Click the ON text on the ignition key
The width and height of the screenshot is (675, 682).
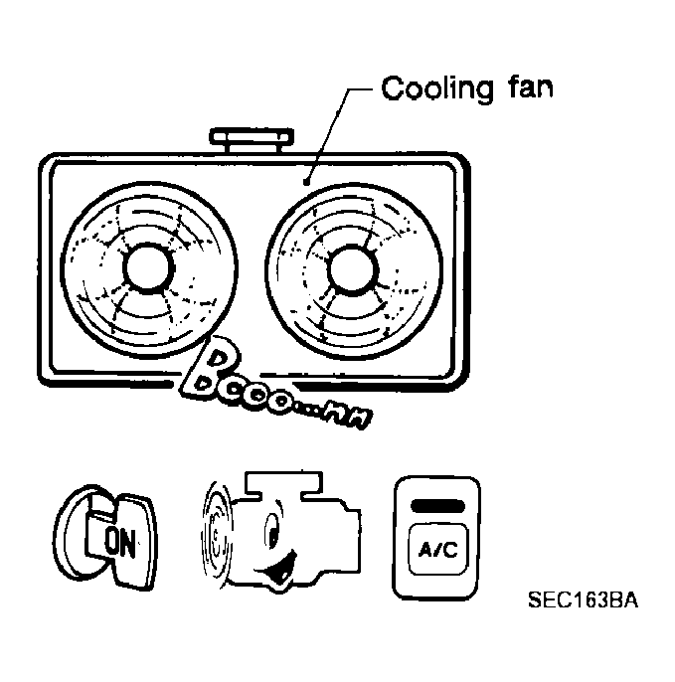pyautogui.click(x=120, y=541)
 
